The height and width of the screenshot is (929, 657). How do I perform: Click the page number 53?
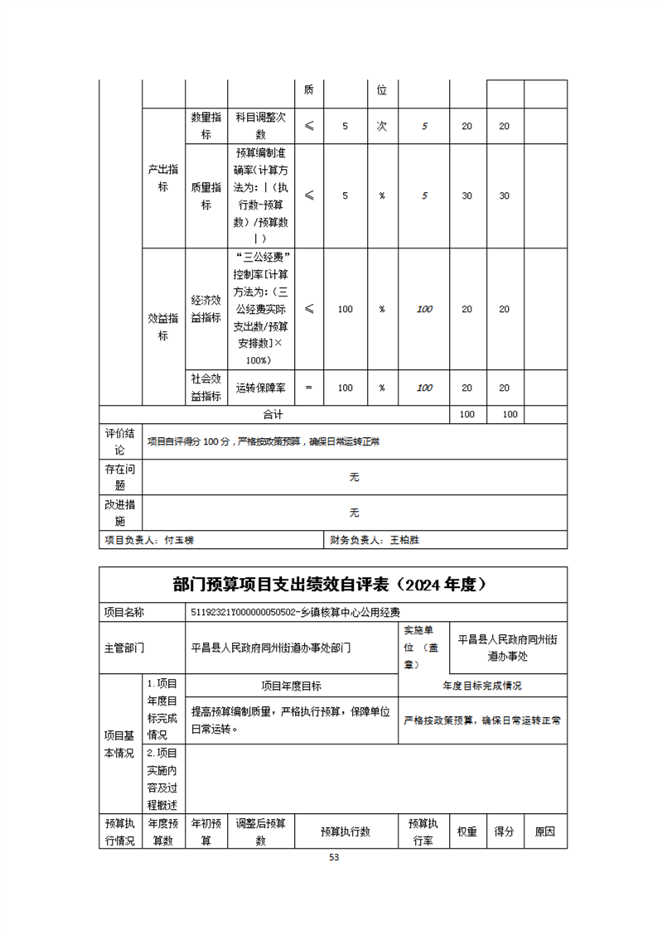pyautogui.click(x=334, y=857)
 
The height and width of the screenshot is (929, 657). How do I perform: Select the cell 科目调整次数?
pyautogui.click(x=260, y=126)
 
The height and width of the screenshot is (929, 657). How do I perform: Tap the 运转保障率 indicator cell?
pyautogui.click(x=260, y=387)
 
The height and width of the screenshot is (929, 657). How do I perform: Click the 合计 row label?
pyautogui.click(x=273, y=414)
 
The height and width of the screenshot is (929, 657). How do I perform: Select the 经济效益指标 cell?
pyautogui.click(x=205, y=309)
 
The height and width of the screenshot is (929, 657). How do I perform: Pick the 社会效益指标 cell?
pyautogui.click(x=205, y=387)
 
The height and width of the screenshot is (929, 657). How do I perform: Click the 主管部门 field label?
pyautogui.click(x=124, y=647)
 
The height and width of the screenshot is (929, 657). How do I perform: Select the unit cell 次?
pyautogui.click(x=382, y=126)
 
